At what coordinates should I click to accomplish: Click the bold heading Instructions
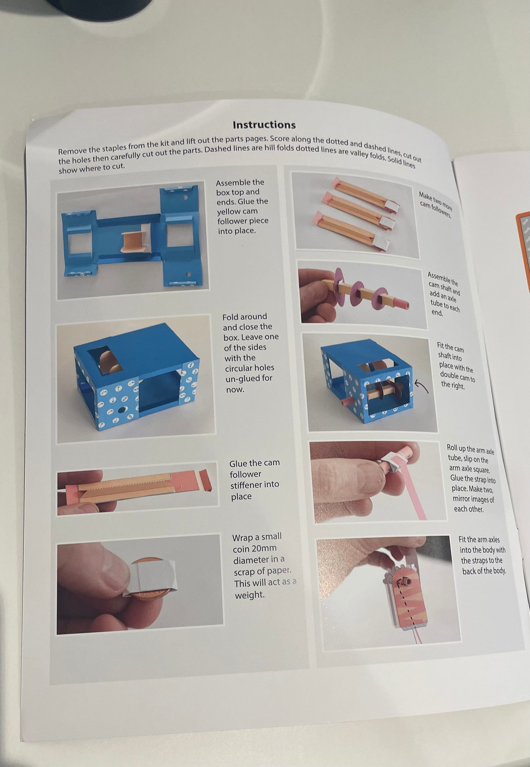coord(264,125)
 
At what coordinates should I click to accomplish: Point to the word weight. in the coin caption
coord(250,595)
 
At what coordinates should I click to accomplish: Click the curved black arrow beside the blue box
coord(422,387)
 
